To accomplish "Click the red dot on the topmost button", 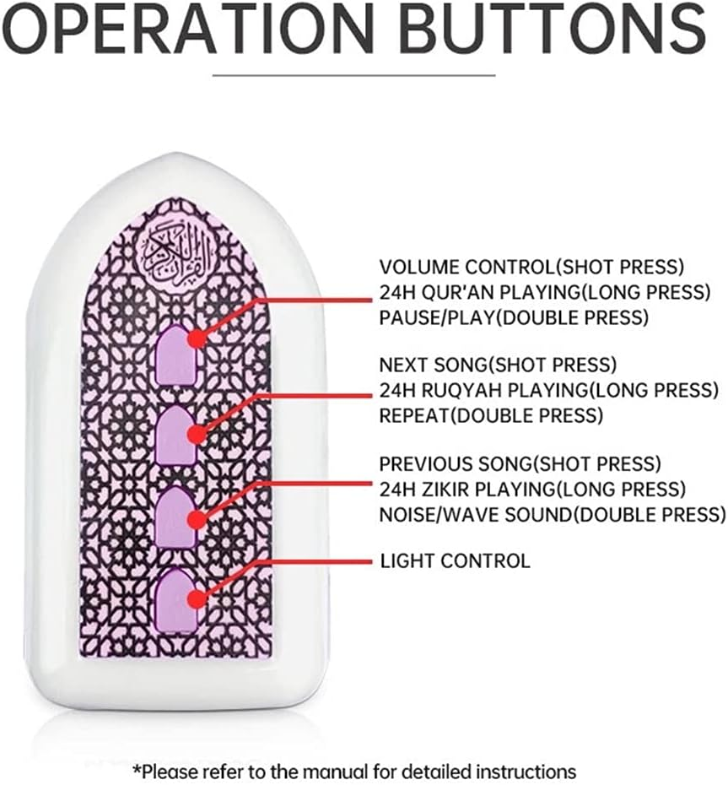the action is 197,339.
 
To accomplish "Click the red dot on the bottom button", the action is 197,598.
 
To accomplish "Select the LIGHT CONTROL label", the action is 455,560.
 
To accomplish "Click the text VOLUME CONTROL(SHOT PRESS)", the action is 531,267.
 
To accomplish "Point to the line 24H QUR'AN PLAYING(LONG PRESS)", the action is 545,292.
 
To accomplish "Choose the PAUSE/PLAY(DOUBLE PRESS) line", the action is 514,317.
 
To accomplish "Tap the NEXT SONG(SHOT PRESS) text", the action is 498,365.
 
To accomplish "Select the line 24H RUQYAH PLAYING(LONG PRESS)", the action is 549,389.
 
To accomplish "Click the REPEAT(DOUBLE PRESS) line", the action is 491,415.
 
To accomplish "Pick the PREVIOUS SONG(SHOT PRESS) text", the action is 520,463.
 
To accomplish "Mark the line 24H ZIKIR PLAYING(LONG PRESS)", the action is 532,488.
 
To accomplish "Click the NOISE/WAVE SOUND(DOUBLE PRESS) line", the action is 553,514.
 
